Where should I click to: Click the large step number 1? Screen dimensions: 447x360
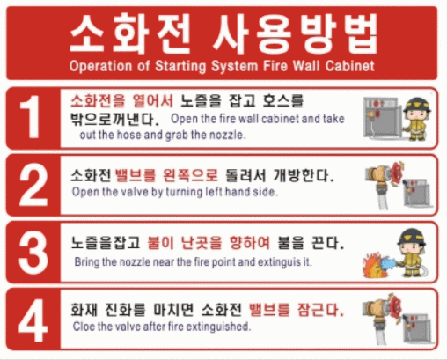point(30,117)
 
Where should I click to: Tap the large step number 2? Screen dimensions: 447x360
point(33,185)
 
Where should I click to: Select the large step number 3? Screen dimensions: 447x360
point(33,252)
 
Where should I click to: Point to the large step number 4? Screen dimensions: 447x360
point(33,320)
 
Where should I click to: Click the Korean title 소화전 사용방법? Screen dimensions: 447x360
point(223,34)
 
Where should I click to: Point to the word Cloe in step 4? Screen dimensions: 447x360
point(84,327)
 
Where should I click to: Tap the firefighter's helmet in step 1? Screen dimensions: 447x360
point(417,105)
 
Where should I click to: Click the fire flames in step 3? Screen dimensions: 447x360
point(372,266)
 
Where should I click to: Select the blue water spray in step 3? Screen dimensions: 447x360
point(388,263)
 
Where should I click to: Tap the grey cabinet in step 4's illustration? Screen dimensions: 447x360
point(416,328)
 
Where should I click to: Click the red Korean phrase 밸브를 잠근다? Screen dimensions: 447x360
point(296,310)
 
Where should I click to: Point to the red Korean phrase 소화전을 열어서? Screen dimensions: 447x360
point(121,101)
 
